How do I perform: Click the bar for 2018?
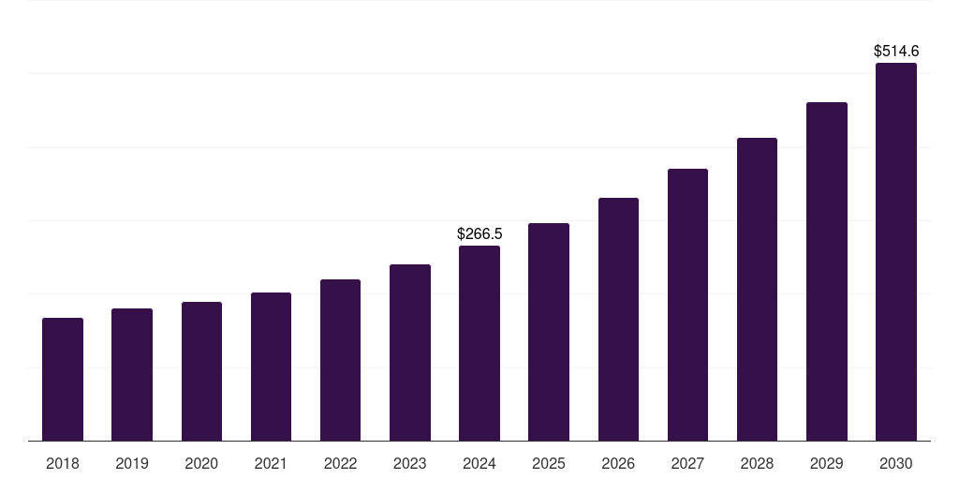63,379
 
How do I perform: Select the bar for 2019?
132,374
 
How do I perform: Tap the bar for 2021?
271,367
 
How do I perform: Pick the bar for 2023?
410,352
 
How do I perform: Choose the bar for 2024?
479,343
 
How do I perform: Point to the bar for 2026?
618,319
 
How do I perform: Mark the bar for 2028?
757,289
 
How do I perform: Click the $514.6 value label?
896,52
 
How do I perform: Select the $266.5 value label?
479,233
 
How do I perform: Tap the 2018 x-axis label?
63,463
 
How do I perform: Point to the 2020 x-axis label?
201,463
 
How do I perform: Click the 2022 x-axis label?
340,463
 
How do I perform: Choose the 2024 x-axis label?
479,463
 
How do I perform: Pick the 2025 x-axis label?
549,463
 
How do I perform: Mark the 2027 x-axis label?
687,463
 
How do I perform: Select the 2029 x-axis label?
827,463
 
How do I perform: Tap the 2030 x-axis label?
896,463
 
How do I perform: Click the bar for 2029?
827,271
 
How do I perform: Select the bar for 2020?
201,371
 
